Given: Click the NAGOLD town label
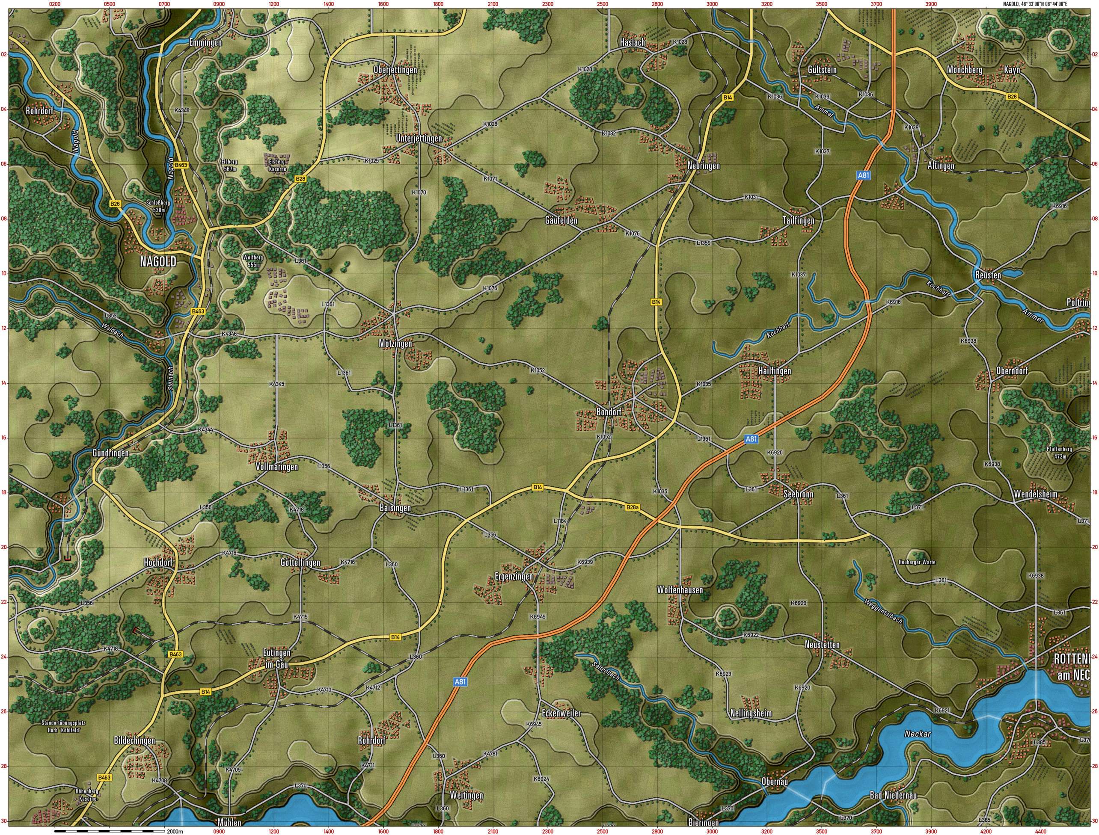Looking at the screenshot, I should [x=158, y=262].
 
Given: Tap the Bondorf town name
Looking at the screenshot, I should [x=609, y=412].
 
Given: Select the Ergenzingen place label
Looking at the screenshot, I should [x=514, y=577].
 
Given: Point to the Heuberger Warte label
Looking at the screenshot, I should [x=917, y=562].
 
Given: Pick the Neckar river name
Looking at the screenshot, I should [x=918, y=733].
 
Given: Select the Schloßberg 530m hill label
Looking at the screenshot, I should [x=159, y=206].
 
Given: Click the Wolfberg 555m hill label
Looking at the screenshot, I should [x=252, y=261].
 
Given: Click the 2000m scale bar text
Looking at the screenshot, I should [x=175, y=831].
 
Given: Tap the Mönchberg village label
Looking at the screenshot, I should [x=964, y=70].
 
